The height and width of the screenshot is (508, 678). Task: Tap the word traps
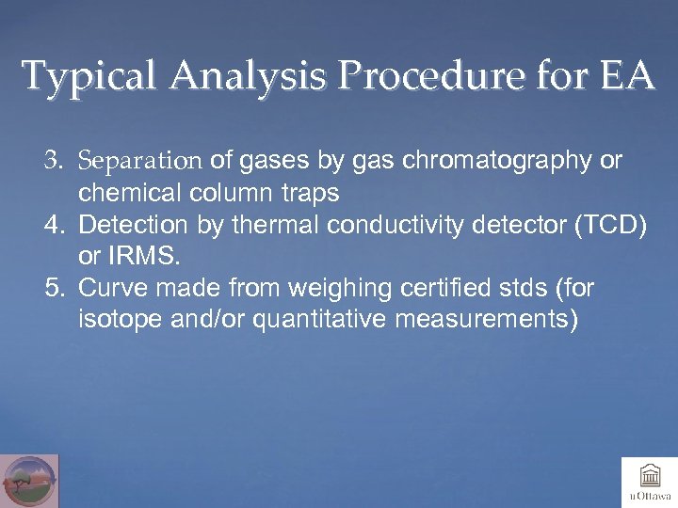(x=310, y=193)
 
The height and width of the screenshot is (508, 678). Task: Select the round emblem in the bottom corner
(x=29, y=481)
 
